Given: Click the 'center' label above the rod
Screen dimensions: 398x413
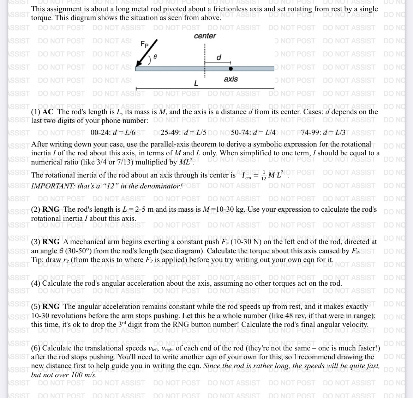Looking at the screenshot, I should pyautogui.click(x=205, y=36).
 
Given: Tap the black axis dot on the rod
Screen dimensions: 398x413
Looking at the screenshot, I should pyautogui.click(x=231, y=69).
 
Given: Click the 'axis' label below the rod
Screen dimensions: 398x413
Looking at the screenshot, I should pyautogui.click(x=231, y=79).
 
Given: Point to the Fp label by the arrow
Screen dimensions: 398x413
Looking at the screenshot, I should pyautogui.click(x=145, y=44).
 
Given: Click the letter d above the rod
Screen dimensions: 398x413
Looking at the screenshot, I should pyautogui.click(x=219, y=57).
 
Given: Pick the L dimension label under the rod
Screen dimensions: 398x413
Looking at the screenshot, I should pyautogui.click(x=196, y=83).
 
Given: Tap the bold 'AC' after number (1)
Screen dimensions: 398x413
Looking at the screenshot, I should pyautogui.click(x=48, y=112).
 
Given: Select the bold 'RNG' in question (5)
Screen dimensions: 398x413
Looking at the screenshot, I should pyautogui.click(x=51, y=306).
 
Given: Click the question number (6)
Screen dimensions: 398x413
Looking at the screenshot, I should pyautogui.click(x=36, y=348).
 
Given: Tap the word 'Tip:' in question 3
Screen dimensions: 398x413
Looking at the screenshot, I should pyautogui.click(x=37, y=260).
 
